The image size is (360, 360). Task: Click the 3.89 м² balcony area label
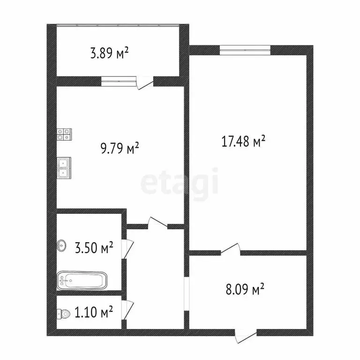click(x=109, y=53)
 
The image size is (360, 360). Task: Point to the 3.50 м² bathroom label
click(x=94, y=247)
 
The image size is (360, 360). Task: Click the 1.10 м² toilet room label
click(x=93, y=312)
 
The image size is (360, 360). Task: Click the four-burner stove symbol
click(x=64, y=135)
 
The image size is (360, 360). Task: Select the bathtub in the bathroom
click(x=82, y=281)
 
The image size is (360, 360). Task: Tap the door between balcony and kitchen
click(x=145, y=82)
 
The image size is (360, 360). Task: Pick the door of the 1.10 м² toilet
click(x=127, y=310)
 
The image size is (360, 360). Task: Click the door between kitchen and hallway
click(x=157, y=224)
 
